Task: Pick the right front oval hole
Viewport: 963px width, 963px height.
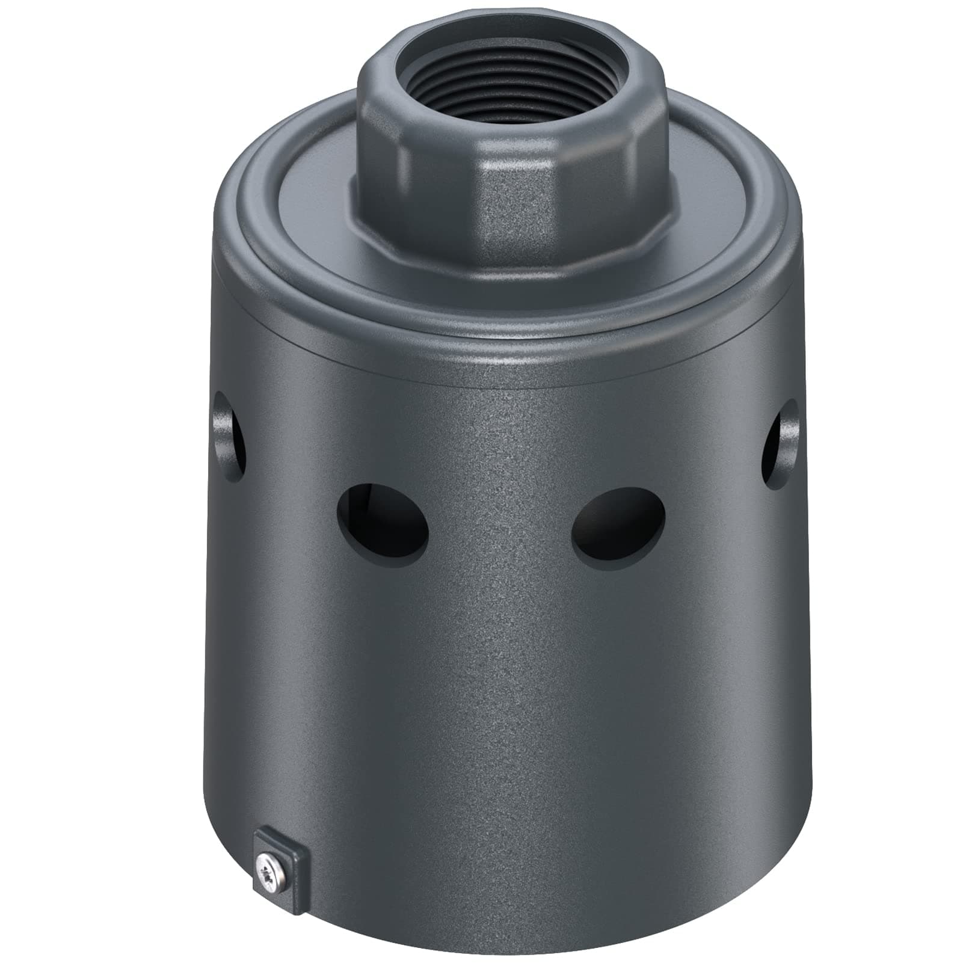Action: [x=618, y=520]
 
